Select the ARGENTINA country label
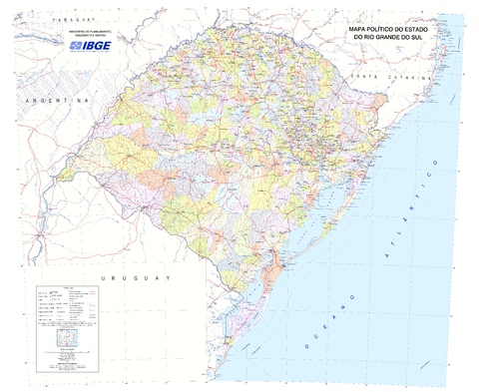(54, 102)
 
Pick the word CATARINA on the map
(405, 77)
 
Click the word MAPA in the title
(359, 31)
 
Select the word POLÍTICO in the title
(387, 31)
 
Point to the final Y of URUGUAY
(170, 278)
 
